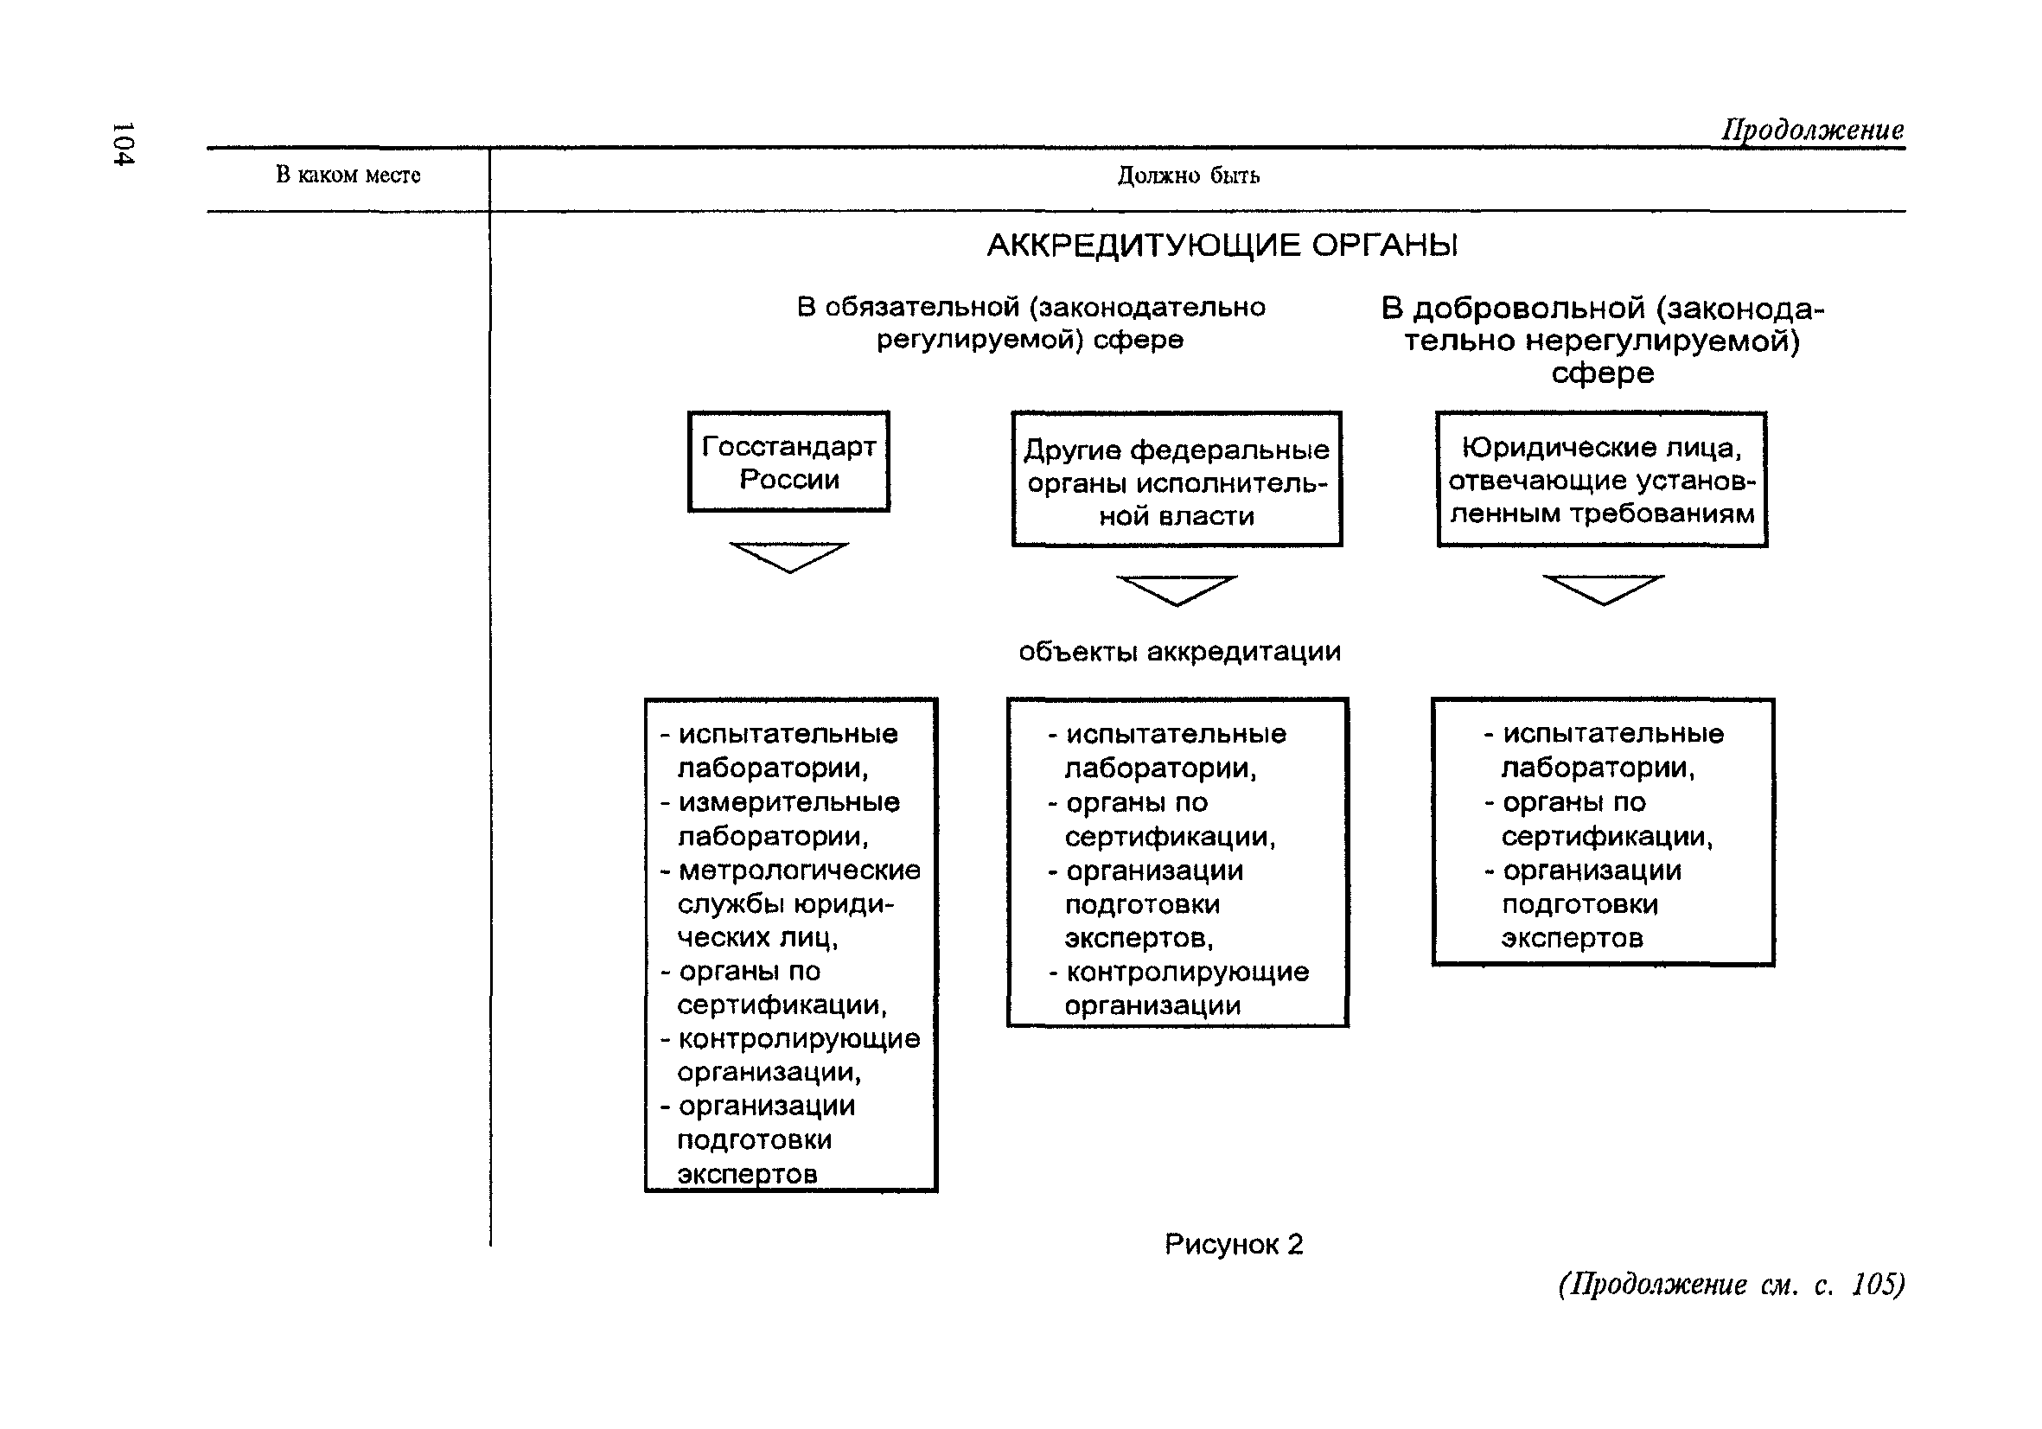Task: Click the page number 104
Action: [123, 144]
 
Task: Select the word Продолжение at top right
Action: [1812, 130]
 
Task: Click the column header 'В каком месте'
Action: [348, 175]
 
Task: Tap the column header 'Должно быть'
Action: [1188, 176]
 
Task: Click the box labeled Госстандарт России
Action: [788, 463]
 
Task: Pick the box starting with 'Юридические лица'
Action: [1602, 480]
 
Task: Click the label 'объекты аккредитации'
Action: [1179, 652]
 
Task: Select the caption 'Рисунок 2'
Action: [1234, 1244]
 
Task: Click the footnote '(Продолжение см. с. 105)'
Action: [1731, 1284]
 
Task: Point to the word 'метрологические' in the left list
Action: [799, 871]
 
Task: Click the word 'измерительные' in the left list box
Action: [788, 803]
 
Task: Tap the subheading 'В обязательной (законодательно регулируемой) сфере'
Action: [1031, 322]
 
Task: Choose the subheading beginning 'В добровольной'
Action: [1602, 340]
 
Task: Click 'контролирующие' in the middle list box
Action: [1187, 972]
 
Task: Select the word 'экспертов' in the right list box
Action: [1572, 938]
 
